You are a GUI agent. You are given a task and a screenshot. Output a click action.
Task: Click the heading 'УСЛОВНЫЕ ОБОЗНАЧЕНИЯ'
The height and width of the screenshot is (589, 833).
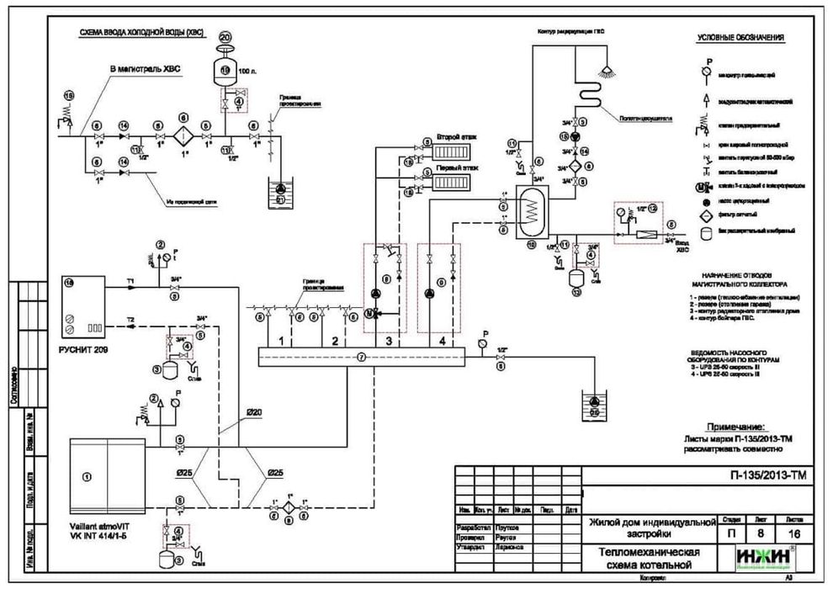(741, 39)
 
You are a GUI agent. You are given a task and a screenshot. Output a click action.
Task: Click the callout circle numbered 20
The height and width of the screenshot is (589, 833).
(225, 38)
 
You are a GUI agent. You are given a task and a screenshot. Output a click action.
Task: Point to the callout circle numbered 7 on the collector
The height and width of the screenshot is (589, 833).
(361, 357)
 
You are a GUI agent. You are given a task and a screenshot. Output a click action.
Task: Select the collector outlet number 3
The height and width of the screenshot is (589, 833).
(388, 341)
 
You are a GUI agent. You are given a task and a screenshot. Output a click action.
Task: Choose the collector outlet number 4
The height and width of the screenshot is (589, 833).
(443, 341)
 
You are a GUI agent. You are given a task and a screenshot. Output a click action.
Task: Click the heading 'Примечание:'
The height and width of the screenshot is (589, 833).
(735, 427)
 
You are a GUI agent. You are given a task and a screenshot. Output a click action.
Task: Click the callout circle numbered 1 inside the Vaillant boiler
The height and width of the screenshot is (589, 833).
(88, 477)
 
